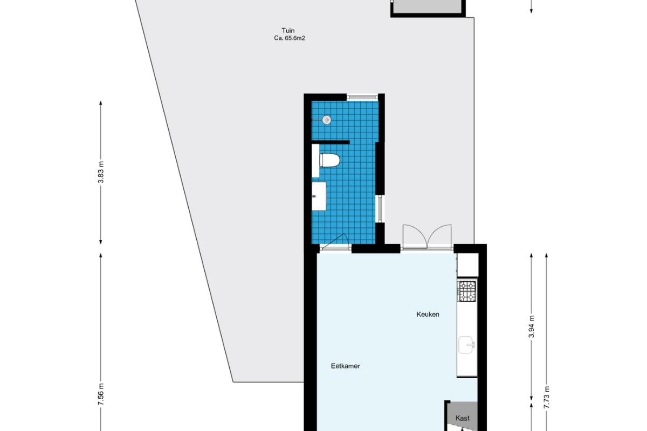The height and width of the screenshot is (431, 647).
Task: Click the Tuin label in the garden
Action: (288, 31)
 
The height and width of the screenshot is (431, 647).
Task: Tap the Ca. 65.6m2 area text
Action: (290, 38)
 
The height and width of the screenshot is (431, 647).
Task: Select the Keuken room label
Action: (428, 315)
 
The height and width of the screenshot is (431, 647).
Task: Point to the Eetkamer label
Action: (345, 366)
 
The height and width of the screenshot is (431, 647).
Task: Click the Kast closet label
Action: (462, 418)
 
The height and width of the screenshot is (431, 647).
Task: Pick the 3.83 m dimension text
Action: (101, 172)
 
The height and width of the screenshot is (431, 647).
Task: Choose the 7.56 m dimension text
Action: (101, 394)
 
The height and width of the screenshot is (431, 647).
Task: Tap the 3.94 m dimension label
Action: (532, 326)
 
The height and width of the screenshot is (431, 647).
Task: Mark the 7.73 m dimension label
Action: (546, 397)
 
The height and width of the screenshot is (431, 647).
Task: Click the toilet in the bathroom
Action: (329, 161)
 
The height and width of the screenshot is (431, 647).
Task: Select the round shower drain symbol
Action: (326, 120)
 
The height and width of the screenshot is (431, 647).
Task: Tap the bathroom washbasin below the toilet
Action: (319, 196)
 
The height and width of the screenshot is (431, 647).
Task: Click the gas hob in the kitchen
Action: (467, 291)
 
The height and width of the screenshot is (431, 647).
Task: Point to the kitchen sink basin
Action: (466, 345)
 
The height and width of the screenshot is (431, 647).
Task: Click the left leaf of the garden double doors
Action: (415, 236)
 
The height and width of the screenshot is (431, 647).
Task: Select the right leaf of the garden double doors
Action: (439, 236)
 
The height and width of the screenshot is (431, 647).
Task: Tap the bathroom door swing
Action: (335, 240)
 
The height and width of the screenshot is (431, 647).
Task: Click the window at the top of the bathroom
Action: (362, 97)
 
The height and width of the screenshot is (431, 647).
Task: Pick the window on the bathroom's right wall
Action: (380, 208)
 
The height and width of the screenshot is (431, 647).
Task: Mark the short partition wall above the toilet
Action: (331, 142)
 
